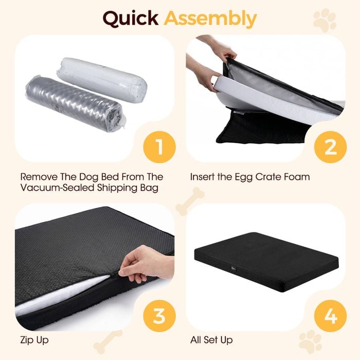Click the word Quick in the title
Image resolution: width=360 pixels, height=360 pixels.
coord(131,19)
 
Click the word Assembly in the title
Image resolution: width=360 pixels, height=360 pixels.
coord(210,19)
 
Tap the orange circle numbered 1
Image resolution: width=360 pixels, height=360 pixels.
coord(159,147)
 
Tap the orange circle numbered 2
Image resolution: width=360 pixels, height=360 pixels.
coord(330,147)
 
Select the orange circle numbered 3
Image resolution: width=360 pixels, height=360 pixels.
coord(159,316)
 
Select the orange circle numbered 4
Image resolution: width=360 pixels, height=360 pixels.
coord(330,316)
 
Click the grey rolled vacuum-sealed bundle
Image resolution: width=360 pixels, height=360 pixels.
coord(76,103)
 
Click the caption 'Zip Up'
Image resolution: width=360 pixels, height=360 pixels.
coord(34,340)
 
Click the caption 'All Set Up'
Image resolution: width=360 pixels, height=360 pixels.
coord(211,340)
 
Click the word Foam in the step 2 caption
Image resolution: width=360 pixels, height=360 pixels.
coord(297,177)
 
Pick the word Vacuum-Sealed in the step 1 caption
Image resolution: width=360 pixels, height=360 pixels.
coord(58,188)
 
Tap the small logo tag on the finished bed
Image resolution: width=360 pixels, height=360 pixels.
coord(232,267)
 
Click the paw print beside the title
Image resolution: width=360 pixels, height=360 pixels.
coord(325,20)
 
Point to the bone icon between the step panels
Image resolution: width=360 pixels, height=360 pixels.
coord(190,202)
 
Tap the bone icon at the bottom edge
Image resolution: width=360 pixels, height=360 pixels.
coord(108,342)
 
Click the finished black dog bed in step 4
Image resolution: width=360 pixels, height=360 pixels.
coord(266,262)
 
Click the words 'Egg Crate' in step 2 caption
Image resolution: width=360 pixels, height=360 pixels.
coord(258,177)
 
